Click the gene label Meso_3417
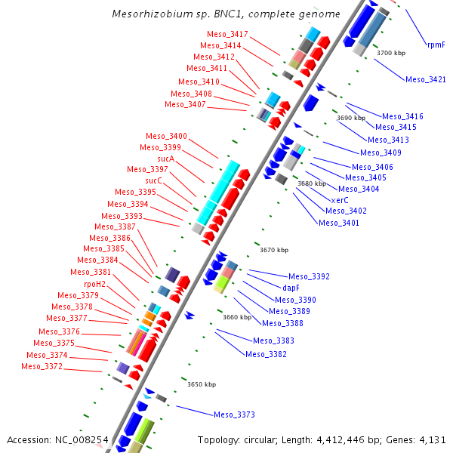pyautogui.click(x=227, y=35)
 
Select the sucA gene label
pyautogui.click(x=166, y=159)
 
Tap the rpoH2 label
pyautogui.click(x=94, y=283)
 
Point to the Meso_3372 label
pyautogui.click(x=42, y=367)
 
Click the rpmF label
pyautogui.click(x=436, y=45)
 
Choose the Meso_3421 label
pyautogui.click(x=425, y=79)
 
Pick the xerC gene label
pyautogui.click(x=340, y=200)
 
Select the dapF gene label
pyautogui.click(x=291, y=288)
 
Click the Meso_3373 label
pyautogui.click(x=234, y=414)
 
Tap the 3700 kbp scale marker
pyautogui.click(x=391, y=53)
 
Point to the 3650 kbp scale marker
pyautogui.click(x=202, y=384)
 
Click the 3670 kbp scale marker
pyautogui.click(x=274, y=250)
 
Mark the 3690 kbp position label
pyautogui.click(x=350, y=119)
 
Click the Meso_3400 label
pyautogui.click(x=166, y=136)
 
